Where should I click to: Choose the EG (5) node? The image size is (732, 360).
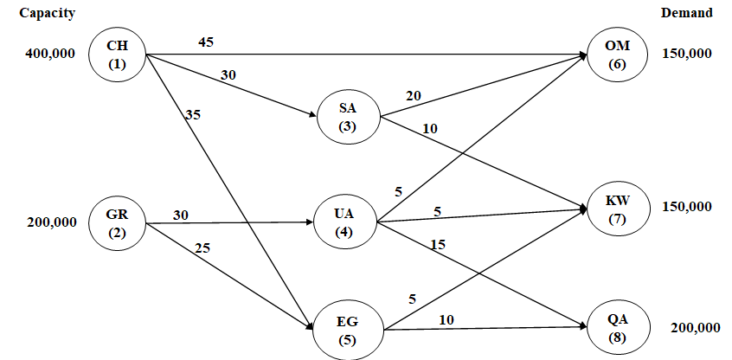click(347, 331)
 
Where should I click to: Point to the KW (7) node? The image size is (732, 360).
click(617, 209)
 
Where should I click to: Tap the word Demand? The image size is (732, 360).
click(686, 13)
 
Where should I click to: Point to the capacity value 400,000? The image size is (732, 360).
click(50, 54)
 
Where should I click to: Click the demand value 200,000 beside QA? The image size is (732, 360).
click(695, 328)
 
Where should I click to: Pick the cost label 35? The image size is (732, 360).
click(192, 112)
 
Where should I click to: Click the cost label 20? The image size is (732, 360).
click(413, 95)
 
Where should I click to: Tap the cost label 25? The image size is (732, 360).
click(202, 247)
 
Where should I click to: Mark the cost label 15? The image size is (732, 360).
click(438, 245)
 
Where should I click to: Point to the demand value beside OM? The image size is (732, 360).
click(686, 54)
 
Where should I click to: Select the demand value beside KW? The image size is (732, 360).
click(686, 207)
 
